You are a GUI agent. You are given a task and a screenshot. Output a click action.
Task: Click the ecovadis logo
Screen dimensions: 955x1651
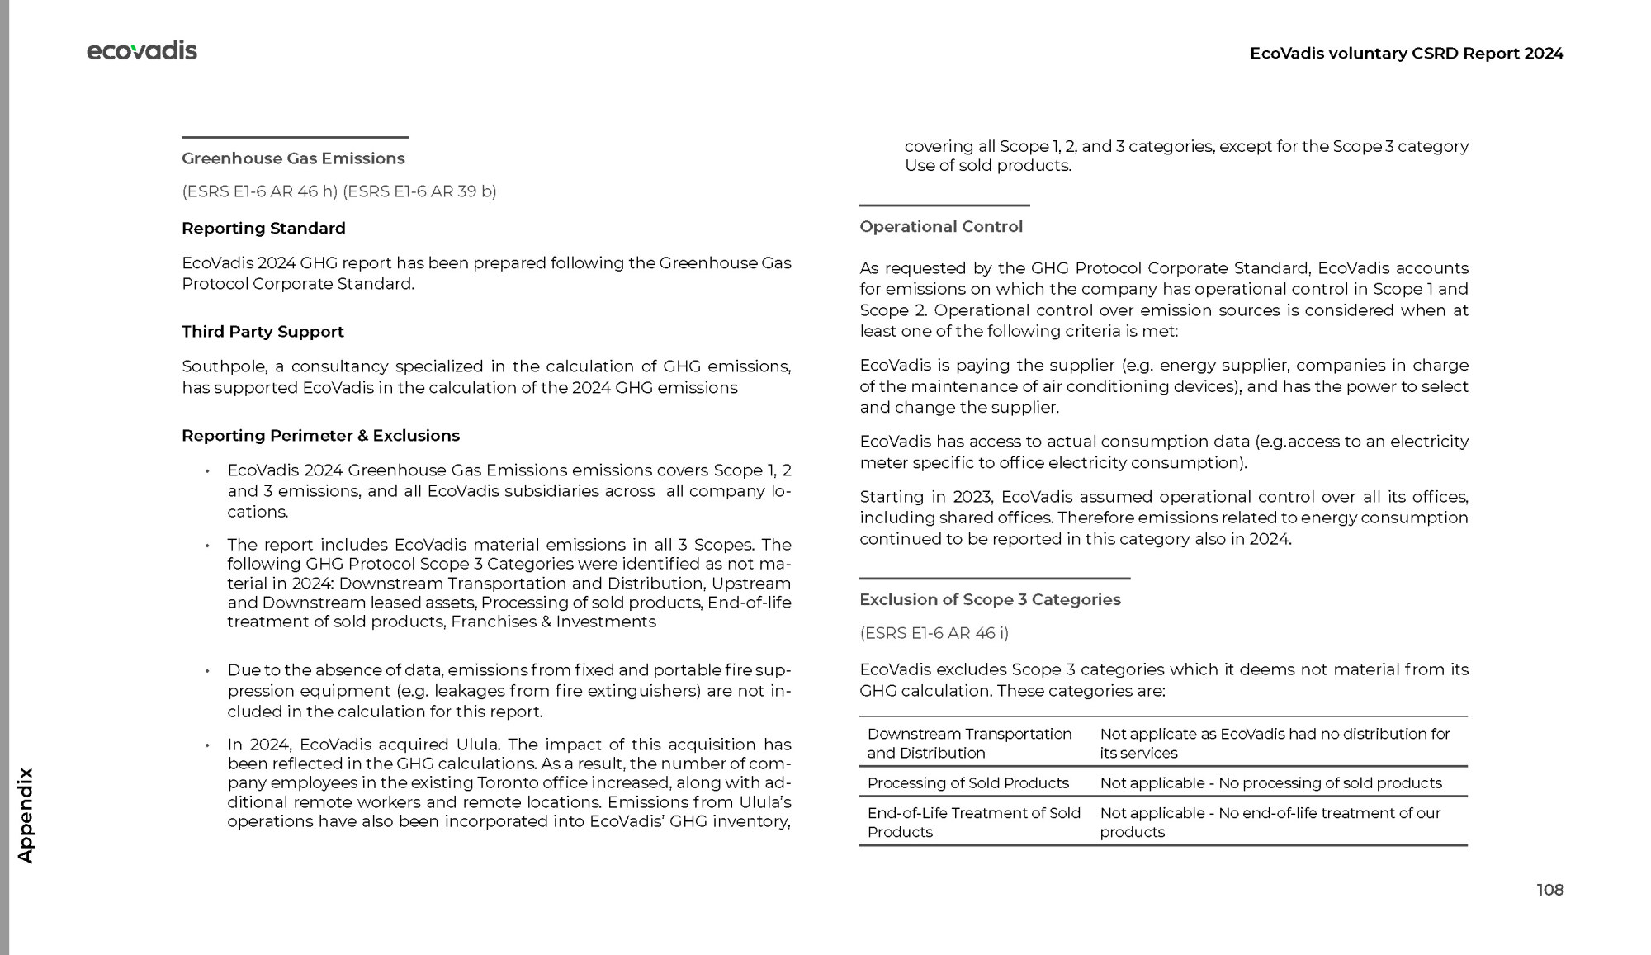[x=142, y=51]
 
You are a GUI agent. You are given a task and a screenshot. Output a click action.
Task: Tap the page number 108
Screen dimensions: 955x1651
[x=1549, y=890]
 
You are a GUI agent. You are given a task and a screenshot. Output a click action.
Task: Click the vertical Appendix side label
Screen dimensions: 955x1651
[x=26, y=816]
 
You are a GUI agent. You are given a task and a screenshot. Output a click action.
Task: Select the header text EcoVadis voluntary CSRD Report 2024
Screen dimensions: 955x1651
[x=1406, y=54]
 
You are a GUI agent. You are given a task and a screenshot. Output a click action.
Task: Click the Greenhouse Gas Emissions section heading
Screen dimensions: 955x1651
[x=293, y=158]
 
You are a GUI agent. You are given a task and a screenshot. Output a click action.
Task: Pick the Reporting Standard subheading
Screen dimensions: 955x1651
[x=263, y=229]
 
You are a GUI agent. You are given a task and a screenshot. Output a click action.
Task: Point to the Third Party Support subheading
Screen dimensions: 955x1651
[x=263, y=332]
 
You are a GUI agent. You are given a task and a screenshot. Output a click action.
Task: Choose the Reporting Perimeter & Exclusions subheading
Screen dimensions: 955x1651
[x=320, y=436]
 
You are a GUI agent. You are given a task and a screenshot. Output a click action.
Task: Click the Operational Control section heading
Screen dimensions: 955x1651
[x=940, y=227]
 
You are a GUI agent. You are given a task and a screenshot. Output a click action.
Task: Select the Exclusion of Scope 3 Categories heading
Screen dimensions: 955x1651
[x=990, y=600]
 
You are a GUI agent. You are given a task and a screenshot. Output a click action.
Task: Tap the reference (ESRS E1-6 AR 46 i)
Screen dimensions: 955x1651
[x=934, y=633]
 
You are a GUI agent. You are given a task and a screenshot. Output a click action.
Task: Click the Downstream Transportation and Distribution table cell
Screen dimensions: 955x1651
[x=969, y=743]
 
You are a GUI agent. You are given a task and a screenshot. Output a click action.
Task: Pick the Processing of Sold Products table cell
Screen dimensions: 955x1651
[x=967, y=782]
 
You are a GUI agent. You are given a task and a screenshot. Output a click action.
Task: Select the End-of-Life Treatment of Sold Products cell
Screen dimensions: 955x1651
[x=973, y=822]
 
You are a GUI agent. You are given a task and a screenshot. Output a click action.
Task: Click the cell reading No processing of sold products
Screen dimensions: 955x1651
[x=1270, y=782]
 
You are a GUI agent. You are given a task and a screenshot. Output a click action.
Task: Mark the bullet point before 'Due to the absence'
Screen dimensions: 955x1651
[x=207, y=671]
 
